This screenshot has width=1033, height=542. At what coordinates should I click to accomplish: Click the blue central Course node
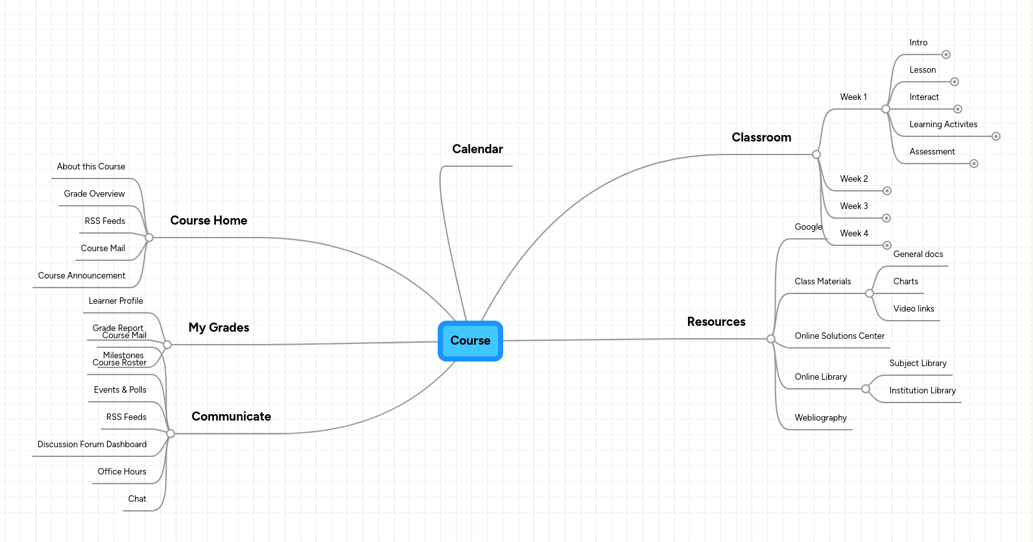(x=470, y=341)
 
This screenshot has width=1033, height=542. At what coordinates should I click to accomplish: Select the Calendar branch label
(x=477, y=149)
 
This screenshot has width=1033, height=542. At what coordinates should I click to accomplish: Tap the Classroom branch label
(x=761, y=138)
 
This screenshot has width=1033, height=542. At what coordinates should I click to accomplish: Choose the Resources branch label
(x=716, y=322)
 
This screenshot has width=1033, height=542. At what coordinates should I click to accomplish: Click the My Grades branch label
(x=219, y=328)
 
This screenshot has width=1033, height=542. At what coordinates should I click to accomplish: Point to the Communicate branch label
(x=231, y=417)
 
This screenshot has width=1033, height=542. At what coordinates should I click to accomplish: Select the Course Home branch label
(x=208, y=221)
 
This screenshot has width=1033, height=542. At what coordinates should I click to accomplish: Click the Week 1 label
(x=853, y=97)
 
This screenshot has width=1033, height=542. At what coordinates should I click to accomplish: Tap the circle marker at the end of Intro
(x=946, y=55)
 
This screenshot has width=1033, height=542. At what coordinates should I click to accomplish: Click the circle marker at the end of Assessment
(x=973, y=164)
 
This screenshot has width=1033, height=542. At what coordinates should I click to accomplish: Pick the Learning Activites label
(x=943, y=125)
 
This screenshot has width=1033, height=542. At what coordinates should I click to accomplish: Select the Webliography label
(x=820, y=418)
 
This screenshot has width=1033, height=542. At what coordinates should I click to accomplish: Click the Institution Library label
(x=922, y=391)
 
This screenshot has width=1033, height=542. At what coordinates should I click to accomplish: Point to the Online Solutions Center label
(x=839, y=336)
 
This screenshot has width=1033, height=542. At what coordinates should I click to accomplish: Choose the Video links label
(x=913, y=309)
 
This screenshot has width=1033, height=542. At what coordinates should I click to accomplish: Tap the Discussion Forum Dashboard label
(x=92, y=445)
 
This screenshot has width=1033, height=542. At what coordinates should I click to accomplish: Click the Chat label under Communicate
(x=137, y=499)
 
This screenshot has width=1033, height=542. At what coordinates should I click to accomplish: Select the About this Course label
(x=91, y=167)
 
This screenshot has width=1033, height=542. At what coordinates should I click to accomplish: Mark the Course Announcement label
(x=82, y=276)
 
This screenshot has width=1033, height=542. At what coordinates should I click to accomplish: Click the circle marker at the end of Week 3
(x=886, y=218)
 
